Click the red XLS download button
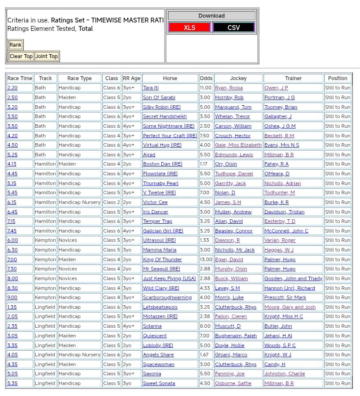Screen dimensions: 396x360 pos(189,28)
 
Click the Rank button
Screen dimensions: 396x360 pos(15,45)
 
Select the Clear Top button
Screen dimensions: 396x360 pos(21,56)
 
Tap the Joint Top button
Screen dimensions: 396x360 pos(47,56)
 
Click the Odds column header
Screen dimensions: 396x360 pos(206,78)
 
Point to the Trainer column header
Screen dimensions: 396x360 pos(293,78)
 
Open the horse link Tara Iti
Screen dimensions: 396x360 pos(151,88)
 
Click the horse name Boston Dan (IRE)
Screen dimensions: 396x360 pos(162,164)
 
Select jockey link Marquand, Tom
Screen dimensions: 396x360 pos(233,107)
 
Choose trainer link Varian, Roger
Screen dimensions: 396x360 pos(280,241)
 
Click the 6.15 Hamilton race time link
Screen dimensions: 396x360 pos(11,202)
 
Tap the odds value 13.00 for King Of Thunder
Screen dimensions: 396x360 pos(206,259)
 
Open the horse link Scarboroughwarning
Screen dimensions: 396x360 pos(167,298)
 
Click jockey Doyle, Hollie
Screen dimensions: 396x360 pos(229,345)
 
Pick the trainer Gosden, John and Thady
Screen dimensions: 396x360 pos(293,278)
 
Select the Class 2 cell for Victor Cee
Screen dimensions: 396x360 pos(111,202)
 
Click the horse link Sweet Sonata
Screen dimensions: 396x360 pos(159,383)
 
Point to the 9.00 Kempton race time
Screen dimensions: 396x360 pos(12,298)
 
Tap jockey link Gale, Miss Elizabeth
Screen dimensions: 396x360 pos(238,145)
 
